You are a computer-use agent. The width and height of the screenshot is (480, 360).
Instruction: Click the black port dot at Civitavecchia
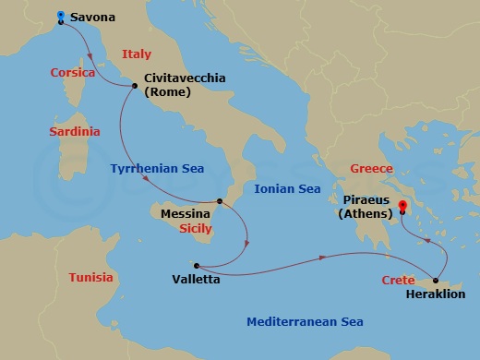[x=136, y=87]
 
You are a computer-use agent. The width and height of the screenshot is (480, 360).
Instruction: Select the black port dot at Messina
[x=219, y=201]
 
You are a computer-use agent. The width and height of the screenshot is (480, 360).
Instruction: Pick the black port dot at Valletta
[x=196, y=263]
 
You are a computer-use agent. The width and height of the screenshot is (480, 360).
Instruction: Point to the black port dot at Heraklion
[x=435, y=280]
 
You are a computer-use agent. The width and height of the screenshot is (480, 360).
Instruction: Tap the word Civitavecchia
[x=185, y=78]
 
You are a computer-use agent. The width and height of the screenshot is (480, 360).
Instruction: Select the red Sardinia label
[x=74, y=132]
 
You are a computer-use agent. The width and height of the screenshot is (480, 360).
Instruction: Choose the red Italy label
[x=136, y=54]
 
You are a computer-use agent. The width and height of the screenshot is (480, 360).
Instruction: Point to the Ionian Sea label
[x=287, y=189]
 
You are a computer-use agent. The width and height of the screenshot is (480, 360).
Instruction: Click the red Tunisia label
[x=91, y=278]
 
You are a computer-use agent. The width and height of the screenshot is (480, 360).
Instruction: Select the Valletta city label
[x=196, y=278]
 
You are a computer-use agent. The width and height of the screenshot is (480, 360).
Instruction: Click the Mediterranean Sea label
[x=305, y=322]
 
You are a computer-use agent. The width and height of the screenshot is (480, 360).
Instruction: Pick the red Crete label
[x=397, y=280]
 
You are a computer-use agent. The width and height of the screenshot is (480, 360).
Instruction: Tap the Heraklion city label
[x=436, y=294]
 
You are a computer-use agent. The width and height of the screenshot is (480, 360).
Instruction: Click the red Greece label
[x=372, y=169]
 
